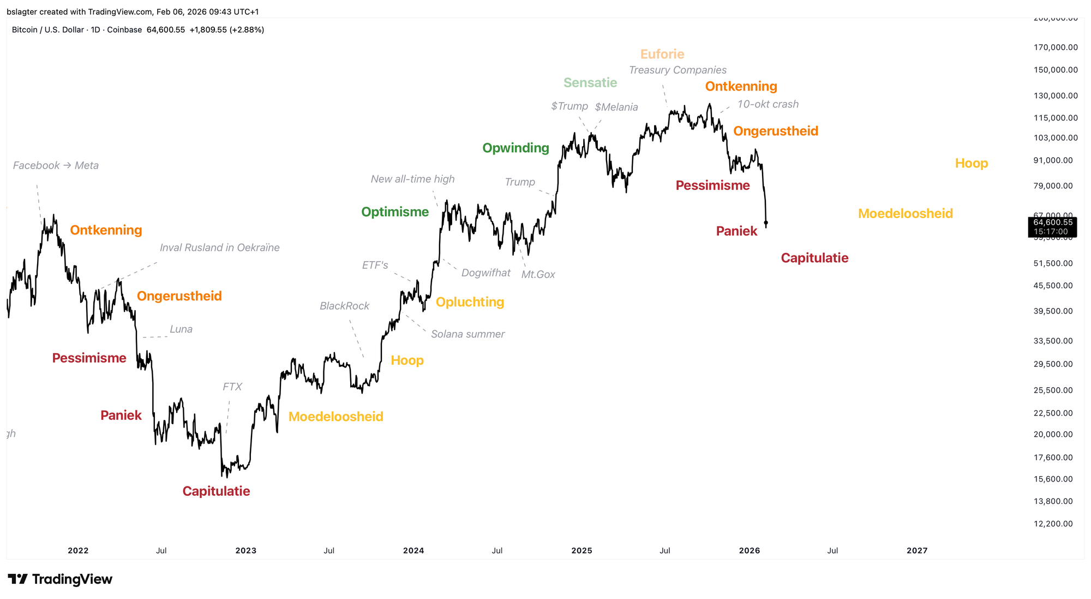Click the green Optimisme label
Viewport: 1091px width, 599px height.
click(395, 212)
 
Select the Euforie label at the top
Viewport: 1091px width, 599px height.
click(662, 54)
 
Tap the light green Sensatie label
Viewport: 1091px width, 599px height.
click(590, 82)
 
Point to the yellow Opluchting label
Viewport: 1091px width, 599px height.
click(470, 302)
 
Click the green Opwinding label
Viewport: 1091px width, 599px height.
click(515, 148)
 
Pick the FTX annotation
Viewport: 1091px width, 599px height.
click(232, 387)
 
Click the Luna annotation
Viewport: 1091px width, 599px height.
click(181, 329)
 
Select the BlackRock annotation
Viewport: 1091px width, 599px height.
click(344, 306)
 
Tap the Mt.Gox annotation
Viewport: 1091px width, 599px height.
click(538, 275)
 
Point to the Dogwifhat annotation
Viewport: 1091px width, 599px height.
click(485, 272)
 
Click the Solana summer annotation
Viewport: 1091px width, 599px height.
click(467, 334)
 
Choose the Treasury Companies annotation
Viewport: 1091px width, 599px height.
click(678, 70)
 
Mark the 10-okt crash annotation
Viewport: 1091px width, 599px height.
click(768, 104)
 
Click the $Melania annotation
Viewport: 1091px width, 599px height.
click(616, 107)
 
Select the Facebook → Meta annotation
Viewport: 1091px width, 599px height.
click(56, 165)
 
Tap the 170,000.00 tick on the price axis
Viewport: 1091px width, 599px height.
click(1056, 48)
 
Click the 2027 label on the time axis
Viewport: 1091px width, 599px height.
click(916, 550)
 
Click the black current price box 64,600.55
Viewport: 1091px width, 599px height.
click(1052, 227)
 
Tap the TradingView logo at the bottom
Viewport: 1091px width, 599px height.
click(60, 579)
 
